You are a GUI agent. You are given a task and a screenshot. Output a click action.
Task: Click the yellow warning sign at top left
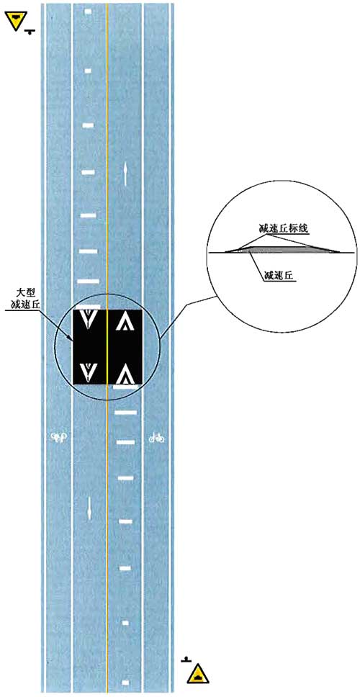[x=17, y=20]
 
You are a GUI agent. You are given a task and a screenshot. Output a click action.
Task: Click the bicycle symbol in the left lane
[x=59, y=437]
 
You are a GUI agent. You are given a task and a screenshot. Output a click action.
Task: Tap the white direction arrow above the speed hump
[x=127, y=174]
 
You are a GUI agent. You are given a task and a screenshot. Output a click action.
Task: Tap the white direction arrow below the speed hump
[x=89, y=507]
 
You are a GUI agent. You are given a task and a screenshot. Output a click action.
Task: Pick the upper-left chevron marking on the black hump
[x=89, y=320]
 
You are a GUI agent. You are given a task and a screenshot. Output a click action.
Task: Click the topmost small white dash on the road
[x=88, y=11]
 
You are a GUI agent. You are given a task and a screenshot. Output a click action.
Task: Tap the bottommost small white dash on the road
[x=126, y=682]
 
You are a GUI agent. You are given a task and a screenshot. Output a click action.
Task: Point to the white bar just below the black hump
[x=125, y=387]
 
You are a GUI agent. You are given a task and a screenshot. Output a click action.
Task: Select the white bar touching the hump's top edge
[x=88, y=307]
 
